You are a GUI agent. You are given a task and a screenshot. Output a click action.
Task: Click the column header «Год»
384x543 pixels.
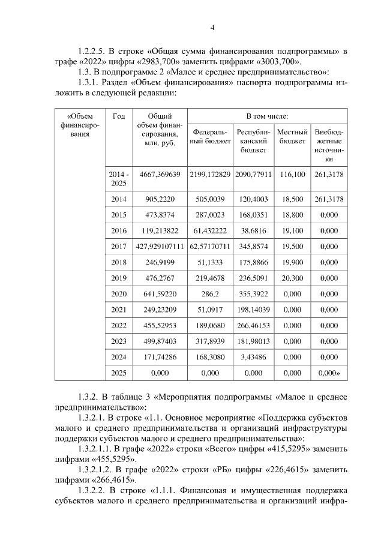point(119,115)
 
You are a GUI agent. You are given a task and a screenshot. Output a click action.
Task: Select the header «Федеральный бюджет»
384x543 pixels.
point(209,136)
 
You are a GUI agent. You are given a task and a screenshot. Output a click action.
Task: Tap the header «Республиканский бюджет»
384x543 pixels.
point(253,141)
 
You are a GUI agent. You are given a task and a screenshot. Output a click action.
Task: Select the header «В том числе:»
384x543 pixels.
point(267,115)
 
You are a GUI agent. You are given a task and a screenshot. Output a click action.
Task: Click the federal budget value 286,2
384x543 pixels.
point(209,294)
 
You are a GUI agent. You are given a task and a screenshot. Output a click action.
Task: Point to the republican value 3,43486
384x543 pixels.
point(253,356)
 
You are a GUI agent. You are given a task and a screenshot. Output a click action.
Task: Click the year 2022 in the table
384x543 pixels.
point(119,325)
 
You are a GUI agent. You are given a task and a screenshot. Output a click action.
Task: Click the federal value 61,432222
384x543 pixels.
point(209,230)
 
